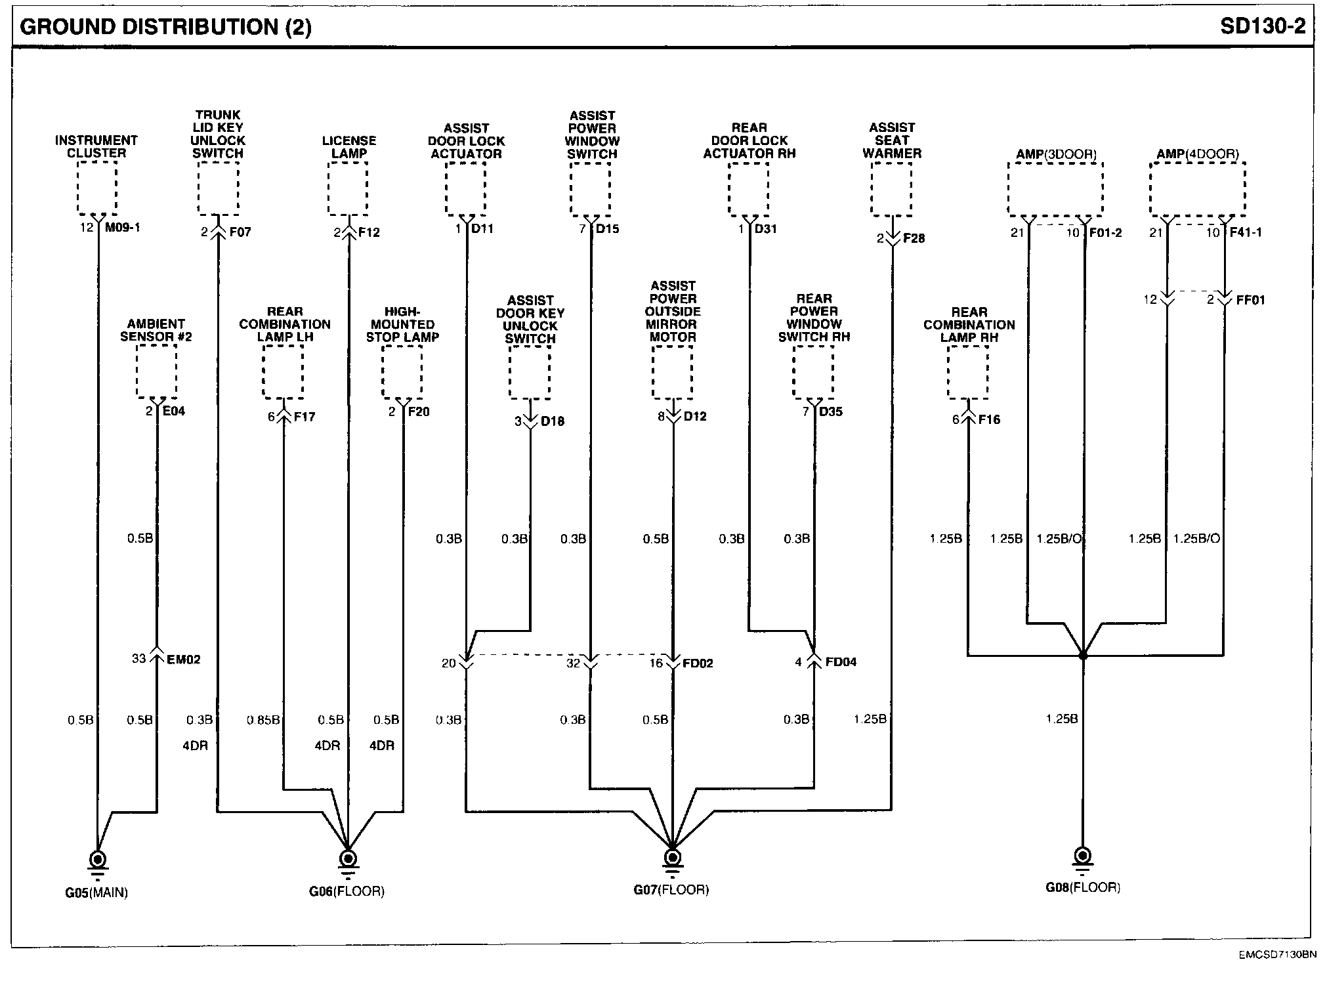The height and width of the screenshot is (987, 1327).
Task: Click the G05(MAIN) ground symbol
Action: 98,860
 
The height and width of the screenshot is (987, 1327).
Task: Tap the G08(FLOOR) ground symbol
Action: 1083,857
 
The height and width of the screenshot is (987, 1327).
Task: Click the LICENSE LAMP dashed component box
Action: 348,188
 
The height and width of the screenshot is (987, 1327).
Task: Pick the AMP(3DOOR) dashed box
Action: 1055,188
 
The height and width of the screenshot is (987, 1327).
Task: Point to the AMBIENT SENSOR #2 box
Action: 156,371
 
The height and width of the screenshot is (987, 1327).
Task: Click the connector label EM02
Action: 184,660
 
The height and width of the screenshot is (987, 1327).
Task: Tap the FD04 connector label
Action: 841,662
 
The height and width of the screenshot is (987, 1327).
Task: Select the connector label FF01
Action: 1250,300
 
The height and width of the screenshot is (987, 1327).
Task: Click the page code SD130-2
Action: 1263,26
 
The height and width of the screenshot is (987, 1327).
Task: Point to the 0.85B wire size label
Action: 263,720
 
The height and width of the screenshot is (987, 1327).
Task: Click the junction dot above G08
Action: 1083,655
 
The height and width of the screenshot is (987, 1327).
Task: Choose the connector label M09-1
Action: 123,228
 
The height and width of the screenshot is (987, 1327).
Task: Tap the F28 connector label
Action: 914,238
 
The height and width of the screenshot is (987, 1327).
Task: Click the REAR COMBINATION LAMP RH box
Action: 968,372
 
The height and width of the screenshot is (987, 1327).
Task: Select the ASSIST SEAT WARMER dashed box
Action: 891,188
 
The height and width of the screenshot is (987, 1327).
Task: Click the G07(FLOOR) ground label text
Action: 671,891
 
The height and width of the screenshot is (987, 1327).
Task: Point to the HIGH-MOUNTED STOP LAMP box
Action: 402,371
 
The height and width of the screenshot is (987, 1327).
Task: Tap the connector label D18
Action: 552,421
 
